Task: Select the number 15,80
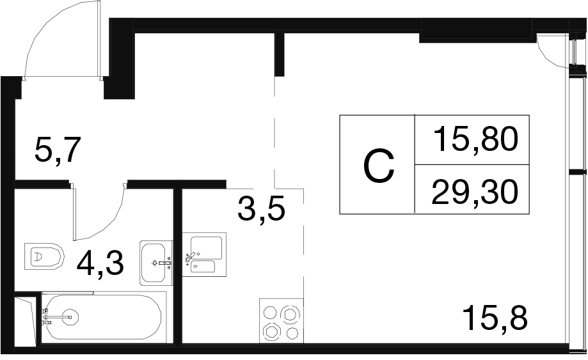coord(474,140)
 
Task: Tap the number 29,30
coord(473,191)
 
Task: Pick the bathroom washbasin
coord(156,262)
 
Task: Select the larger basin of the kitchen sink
coord(205,246)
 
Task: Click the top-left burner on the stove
coord(271,313)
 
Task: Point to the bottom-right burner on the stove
coord(292,333)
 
